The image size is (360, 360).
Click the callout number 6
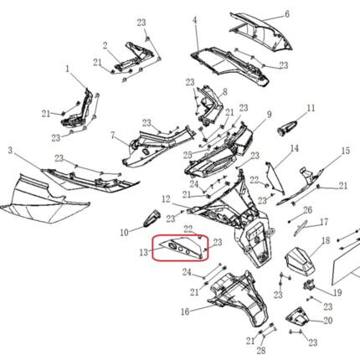[287, 14]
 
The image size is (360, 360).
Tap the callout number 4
[195, 20]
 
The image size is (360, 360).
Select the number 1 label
[67, 69]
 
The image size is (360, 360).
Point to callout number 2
[105, 46]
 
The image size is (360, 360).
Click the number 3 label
[10, 151]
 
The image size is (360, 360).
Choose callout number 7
[113, 136]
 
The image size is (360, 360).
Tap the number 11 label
[311, 108]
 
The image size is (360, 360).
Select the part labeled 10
[152, 218]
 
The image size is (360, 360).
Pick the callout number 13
[143, 253]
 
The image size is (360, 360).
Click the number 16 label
[185, 311]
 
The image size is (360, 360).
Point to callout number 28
[261, 351]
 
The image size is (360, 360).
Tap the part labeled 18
[300, 260]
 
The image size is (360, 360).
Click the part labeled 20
[297, 316]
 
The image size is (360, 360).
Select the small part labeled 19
[309, 285]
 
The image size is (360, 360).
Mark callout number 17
[324, 222]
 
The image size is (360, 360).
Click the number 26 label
[307, 210]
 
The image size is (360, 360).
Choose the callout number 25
[188, 155]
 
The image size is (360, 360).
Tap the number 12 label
[166, 199]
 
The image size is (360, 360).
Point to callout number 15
[346, 151]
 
